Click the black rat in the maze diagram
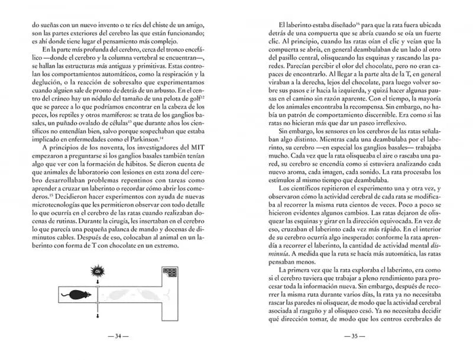[80, 296]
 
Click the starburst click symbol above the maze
[98, 271]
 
